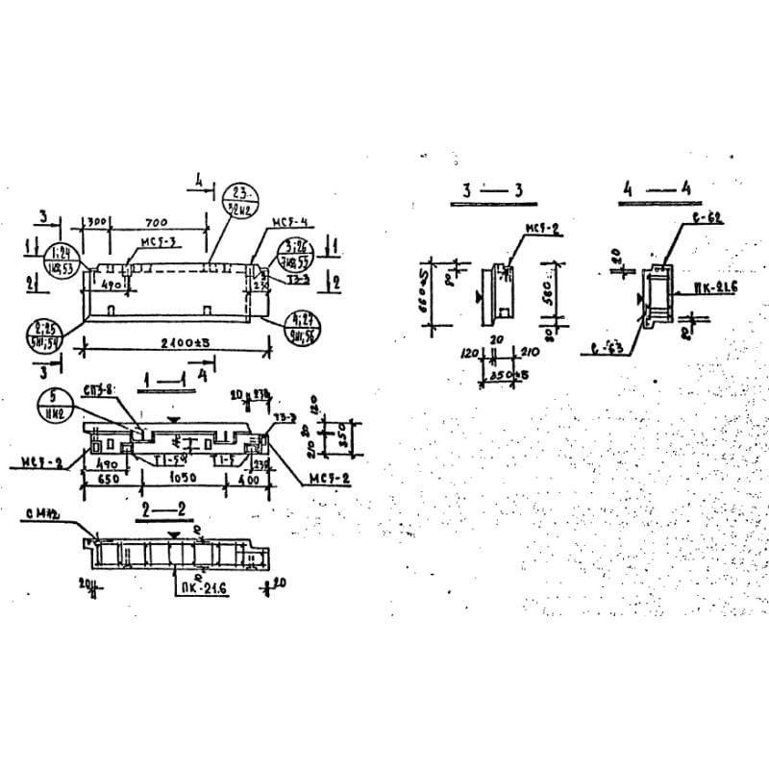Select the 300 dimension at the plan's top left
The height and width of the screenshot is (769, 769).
97,222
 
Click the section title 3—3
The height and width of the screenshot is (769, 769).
492,190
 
